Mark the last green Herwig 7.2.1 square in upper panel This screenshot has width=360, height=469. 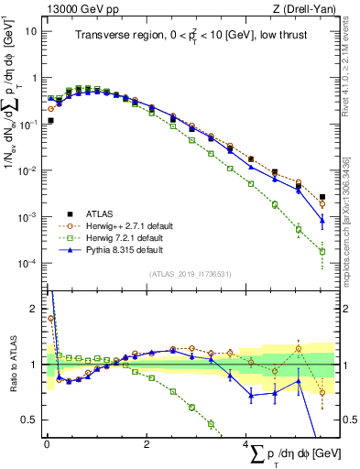click(322, 251)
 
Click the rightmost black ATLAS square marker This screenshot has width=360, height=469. click(322, 196)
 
